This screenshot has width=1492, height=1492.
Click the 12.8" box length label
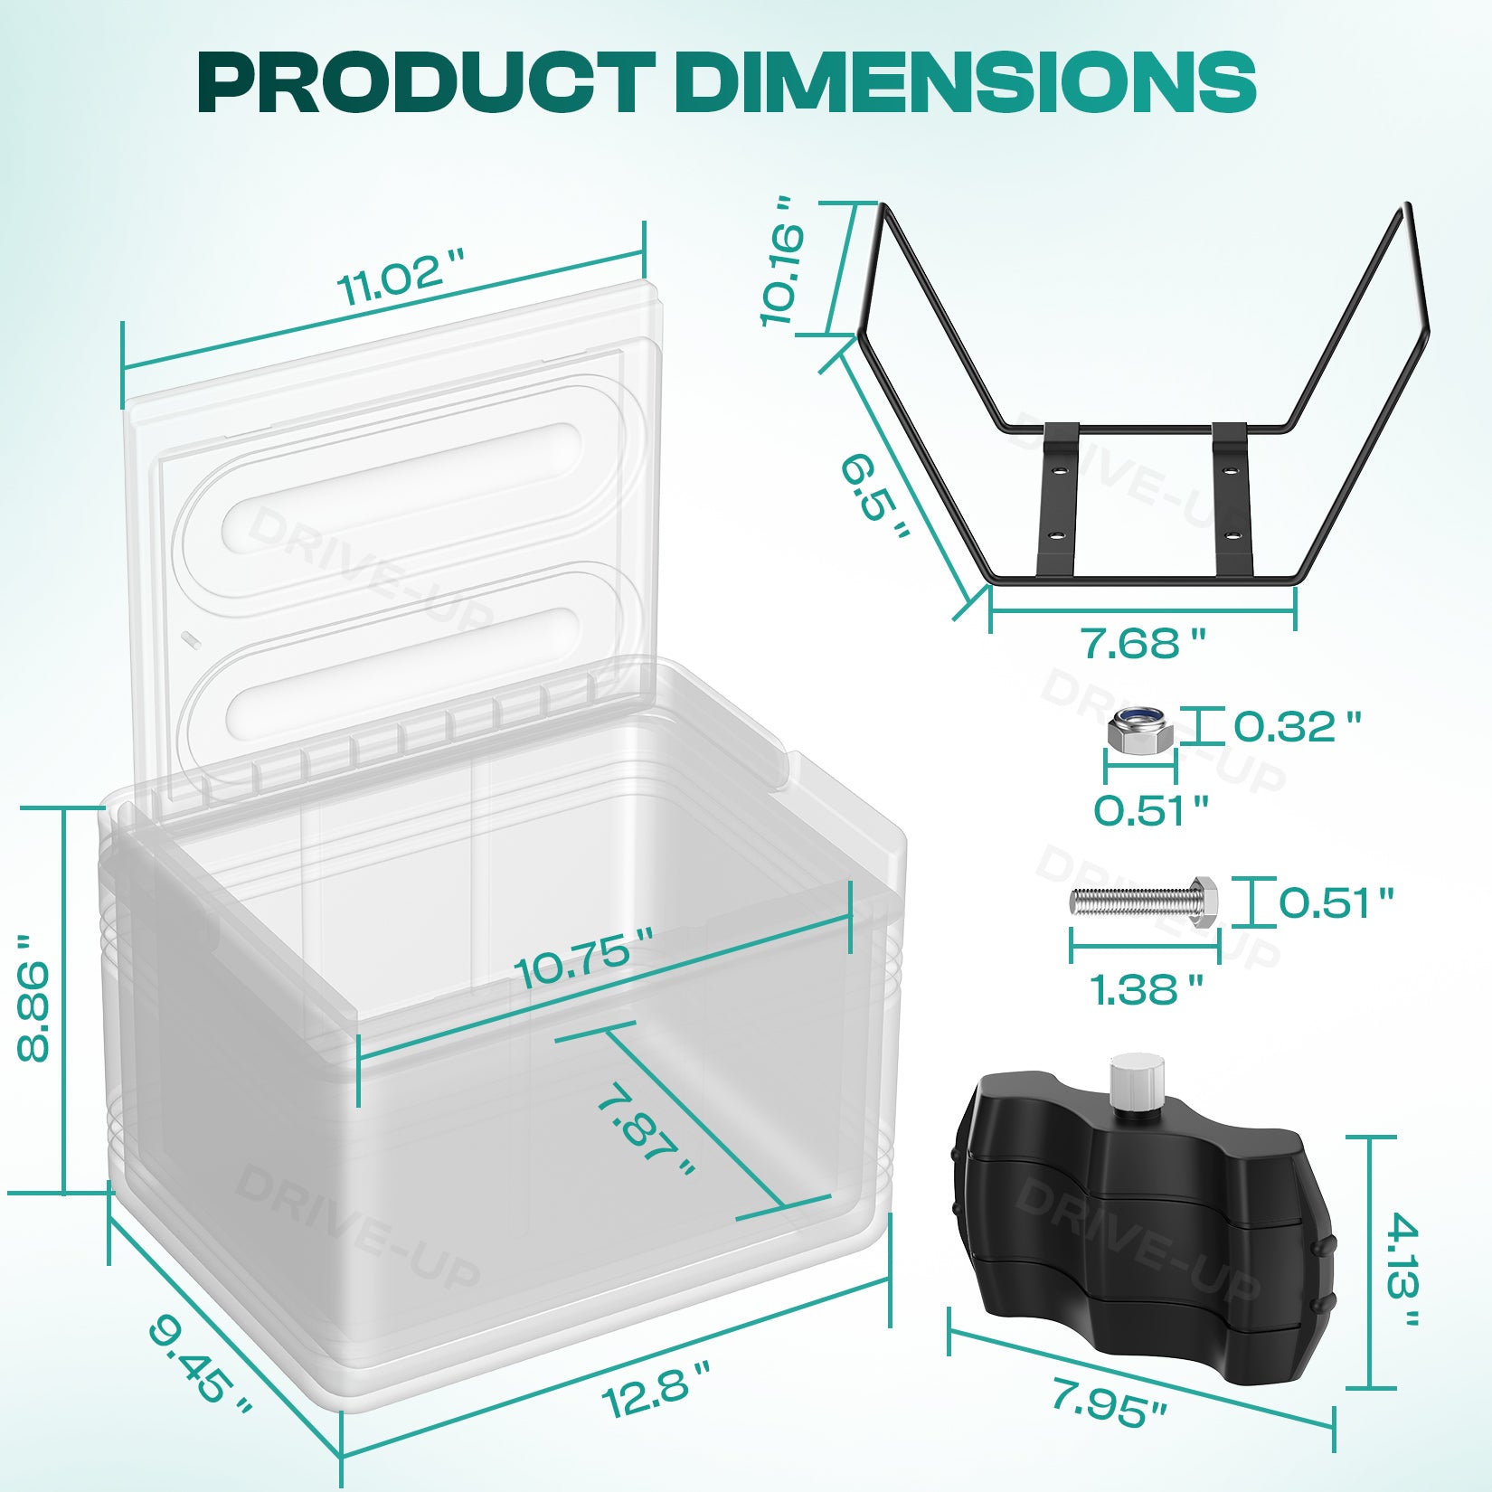point(655,1393)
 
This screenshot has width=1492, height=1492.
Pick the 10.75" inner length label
point(584,958)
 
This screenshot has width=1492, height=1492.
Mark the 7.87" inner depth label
point(647,1130)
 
